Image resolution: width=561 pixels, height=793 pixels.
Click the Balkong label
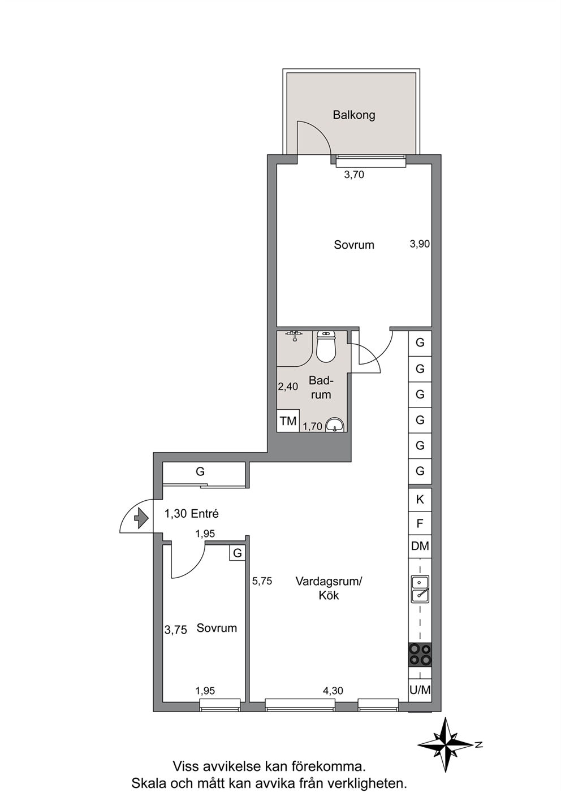[354, 115]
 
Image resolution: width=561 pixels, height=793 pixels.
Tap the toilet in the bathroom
[325, 346]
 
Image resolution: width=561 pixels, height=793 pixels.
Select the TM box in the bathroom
[288, 421]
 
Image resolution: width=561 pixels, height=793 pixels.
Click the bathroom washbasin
[335, 425]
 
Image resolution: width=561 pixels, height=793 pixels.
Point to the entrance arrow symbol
[141, 518]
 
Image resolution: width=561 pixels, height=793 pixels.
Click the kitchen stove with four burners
[420, 654]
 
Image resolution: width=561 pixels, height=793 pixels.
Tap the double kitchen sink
[420, 589]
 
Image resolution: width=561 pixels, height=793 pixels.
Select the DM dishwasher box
[420, 546]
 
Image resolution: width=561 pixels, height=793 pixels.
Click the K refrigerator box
[420, 500]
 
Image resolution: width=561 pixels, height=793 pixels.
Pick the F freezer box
[420, 523]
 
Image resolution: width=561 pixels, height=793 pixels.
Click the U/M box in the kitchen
[420, 690]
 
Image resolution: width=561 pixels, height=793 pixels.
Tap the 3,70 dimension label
[354, 175]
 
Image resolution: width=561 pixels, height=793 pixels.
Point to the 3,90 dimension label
[420, 244]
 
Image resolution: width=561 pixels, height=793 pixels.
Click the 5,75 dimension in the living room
[262, 581]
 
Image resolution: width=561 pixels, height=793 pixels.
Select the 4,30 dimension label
[333, 690]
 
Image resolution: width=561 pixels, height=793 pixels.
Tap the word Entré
[205, 514]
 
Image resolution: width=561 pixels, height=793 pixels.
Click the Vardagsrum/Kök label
[329, 588]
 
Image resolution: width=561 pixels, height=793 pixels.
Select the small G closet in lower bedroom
[238, 553]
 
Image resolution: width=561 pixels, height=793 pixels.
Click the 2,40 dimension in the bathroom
[288, 387]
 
